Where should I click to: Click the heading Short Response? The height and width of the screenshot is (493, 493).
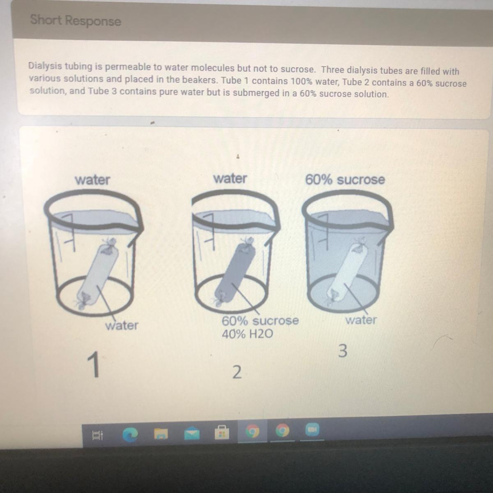click(x=76, y=21)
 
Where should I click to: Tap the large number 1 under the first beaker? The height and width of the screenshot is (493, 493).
click(x=94, y=364)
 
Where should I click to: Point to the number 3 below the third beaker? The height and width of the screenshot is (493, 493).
click(x=343, y=351)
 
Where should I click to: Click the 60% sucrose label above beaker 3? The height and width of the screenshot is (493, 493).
click(x=345, y=180)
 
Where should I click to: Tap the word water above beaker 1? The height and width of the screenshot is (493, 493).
click(x=92, y=180)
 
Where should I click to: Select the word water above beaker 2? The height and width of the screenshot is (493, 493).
click(x=230, y=178)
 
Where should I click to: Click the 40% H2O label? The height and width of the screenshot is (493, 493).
click(x=247, y=334)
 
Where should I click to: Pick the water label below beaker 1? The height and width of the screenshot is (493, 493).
click(x=122, y=325)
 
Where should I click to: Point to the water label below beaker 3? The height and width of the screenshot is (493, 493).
click(x=361, y=320)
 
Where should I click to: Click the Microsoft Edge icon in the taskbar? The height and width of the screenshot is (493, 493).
click(x=130, y=435)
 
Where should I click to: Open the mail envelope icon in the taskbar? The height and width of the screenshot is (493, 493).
click(x=192, y=433)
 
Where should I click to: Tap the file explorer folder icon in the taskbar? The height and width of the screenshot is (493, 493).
click(x=161, y=434)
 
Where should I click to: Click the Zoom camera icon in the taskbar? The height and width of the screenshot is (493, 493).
click(x=312, y=430)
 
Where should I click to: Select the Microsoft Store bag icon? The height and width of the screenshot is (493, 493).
click(x=221, y=432)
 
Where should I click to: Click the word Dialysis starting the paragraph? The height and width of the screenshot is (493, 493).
click(x=45, y=66)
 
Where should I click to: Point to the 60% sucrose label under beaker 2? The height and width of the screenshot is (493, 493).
click(x=260, y=320)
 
